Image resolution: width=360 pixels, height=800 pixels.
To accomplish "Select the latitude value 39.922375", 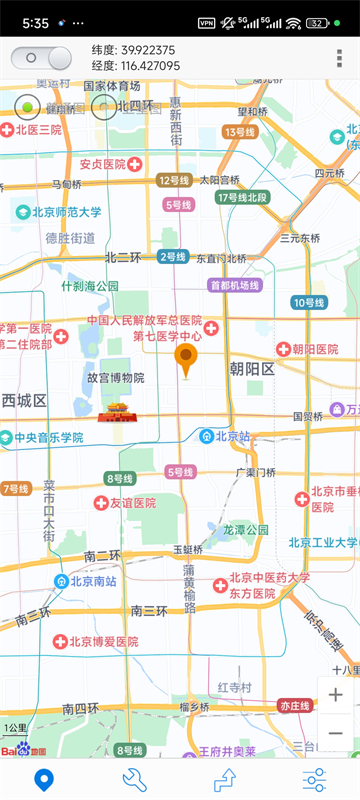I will [x=147, y=50].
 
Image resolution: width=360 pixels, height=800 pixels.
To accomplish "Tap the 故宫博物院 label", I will [x=115, y=378].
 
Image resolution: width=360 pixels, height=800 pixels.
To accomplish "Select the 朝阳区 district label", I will [x=251, y=369].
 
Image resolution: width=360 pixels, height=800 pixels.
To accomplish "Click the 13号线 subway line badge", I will [x=241, y=132].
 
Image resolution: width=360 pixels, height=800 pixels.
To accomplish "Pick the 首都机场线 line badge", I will [x=234, y=285].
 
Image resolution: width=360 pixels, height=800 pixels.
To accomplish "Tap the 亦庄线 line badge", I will [x=295, y=705].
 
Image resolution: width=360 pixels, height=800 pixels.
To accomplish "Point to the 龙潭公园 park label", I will [x=246, y=529].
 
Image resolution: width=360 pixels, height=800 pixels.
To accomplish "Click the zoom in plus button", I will [x=335, y=695].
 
